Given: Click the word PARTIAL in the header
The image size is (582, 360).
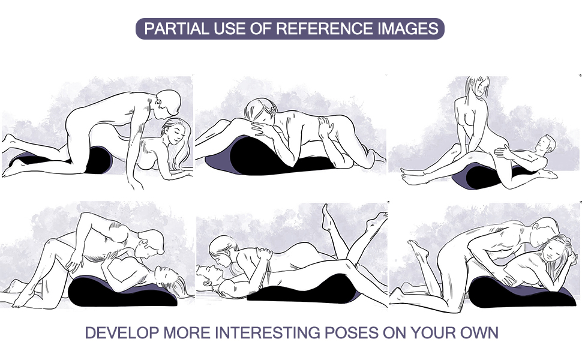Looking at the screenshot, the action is pos(176,29).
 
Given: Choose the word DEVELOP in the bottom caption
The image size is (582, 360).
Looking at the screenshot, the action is pos(122,332).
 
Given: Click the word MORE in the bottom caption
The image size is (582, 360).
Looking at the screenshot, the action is pos(187,332).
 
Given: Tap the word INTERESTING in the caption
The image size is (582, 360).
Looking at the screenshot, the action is pos(268,332).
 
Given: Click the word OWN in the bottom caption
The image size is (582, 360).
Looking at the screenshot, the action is pos(479,332).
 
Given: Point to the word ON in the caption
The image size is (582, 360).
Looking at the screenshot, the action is pos(394,332).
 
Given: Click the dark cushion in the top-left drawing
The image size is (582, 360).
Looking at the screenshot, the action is pos(98,160).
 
